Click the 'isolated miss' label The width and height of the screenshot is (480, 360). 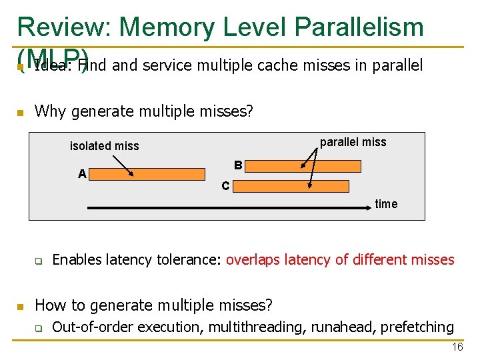pyautogui.click(x=105, y=146)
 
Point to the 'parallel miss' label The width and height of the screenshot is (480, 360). pyautogui.click(x=353, y=142)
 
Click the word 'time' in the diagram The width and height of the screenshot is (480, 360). pyautogui.click(x=386, y=204)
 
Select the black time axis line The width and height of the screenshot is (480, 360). pyautogui.click(x=233, y=209)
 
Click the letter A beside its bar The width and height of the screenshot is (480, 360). pyautogui.click(x=82, y=175)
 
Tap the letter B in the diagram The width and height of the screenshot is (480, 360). pyautogui.click(x=238, y=165)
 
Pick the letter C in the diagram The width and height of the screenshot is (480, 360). pyautogui.click(x=225, y=186)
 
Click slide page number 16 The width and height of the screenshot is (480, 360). pyautogui.click(x=457, y=347)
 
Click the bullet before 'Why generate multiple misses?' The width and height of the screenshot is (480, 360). pyautogui.click(x=21, y=113)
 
